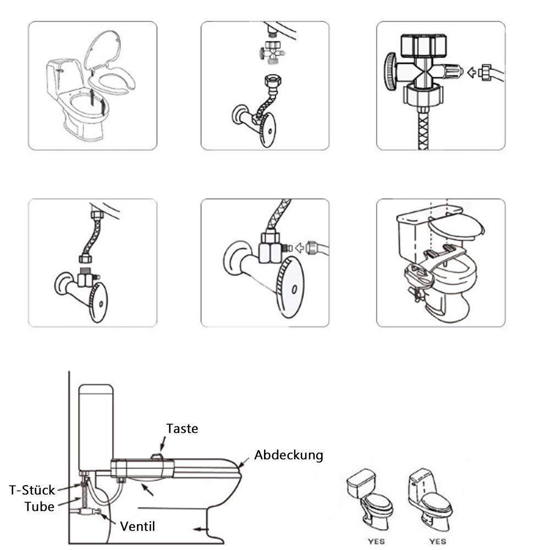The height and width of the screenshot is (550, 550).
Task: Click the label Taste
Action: (182, 428)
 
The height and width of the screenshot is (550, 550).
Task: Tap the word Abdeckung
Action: (288, 455)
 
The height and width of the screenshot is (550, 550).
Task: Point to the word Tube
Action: (39, 506)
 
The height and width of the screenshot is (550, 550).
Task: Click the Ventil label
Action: (137, 526)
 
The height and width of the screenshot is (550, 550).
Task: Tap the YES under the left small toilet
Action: (376, 541)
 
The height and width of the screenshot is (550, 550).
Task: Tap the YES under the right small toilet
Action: (437, 541)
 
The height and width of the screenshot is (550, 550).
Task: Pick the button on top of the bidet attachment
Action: (157, 454)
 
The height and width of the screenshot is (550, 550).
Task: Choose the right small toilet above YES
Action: (431, 495)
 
